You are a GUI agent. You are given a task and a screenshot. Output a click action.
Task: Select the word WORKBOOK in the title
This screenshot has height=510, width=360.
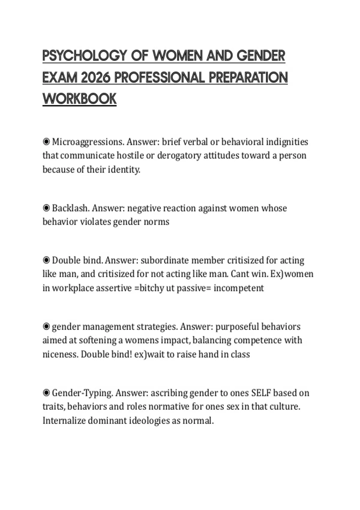click(x=79, y=99)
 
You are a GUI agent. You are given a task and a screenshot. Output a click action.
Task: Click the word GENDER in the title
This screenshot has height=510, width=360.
click(x=261, y=56)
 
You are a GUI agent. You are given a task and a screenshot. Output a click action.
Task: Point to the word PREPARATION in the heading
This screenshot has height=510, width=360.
click(x=248, y=78)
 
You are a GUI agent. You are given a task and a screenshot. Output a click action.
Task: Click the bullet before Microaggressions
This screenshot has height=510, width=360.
click(x=46, y=141)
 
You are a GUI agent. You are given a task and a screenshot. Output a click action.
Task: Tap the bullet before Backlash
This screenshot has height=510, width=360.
click(x=46, y=208)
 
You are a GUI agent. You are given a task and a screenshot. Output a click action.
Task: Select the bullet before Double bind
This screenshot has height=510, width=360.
click(x=46, y=260)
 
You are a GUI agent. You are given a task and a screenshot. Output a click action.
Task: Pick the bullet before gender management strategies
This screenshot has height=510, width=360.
click(x=46, y=326)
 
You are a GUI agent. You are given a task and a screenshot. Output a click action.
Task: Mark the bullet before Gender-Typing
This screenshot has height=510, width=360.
click(x=46, y=392)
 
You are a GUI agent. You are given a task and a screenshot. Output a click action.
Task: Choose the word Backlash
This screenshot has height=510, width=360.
click(x=70, y=208)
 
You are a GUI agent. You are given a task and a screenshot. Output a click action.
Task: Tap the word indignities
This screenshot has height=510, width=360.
click(x=287, y=142)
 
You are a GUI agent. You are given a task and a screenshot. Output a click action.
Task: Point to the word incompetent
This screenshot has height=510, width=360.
click(x=239, y=288)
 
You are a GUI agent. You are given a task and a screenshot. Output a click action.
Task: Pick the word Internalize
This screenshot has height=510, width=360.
click(x=64, y=421)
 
